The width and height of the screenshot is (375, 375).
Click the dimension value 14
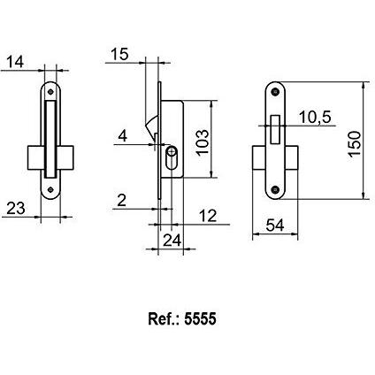[x=15, y=62]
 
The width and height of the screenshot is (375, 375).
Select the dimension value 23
[x=16, y=208]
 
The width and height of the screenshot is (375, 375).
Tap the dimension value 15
[x=119, y=54]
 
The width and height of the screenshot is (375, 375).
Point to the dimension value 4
[x=123, y=136]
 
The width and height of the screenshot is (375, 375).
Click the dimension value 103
[x=203, y=142]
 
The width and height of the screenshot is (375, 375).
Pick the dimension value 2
[x=122, y=201]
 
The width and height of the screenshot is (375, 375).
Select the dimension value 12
[x=208, y=216]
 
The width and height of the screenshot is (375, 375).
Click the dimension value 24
[x=172, y=241]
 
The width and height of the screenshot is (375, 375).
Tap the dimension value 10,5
[x=315, y=118]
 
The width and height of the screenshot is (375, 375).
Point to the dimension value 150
[x=355, y=144]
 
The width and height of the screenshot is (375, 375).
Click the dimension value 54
[x=275, y=226]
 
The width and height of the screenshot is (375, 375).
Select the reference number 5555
[x=200, y=318]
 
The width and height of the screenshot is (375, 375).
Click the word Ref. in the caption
[x=164, y=318]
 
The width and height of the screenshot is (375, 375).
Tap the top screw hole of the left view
[x=50, y=92]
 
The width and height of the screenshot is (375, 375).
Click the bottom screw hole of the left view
[x=50, y=189]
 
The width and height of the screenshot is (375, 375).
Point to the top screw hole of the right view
[x=276, y=92]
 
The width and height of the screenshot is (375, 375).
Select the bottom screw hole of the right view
[x=276, y=189]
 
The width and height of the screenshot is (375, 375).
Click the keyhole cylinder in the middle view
[x=171, y=157]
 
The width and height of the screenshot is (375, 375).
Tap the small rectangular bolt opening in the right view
[x=275, y=130]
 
